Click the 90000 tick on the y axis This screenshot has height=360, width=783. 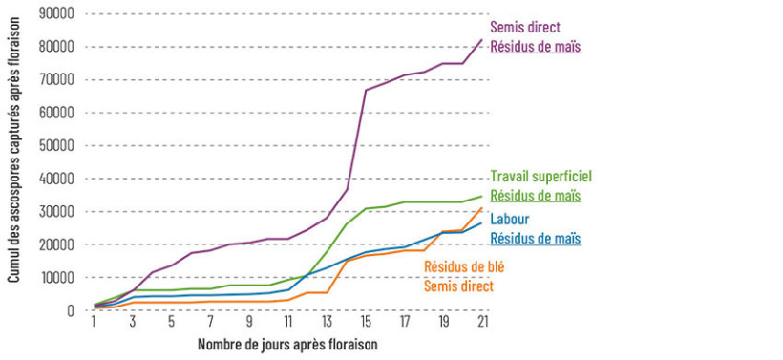[57, 13]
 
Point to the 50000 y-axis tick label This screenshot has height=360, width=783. [57, 145]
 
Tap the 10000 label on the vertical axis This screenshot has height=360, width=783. [57, 278]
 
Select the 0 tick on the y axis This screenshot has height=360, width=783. [70, 310]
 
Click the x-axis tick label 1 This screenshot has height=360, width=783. [94, 323]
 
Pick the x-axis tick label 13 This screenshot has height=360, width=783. [327, 323]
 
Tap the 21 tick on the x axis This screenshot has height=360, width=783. [482, 323]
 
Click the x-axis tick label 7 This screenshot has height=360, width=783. [210, 323]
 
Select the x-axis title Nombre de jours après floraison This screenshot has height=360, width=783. [287, 344]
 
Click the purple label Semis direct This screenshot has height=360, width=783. [524, 28]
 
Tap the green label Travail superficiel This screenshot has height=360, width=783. [540, 177]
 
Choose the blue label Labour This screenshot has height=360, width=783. [510, 220]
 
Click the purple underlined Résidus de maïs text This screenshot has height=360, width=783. [536, 47]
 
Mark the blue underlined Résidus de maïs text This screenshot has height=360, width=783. [536, 238]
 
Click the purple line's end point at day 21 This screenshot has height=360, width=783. [482, 39]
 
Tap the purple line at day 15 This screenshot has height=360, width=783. [366, 91]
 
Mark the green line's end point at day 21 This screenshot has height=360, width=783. [482, 196]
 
